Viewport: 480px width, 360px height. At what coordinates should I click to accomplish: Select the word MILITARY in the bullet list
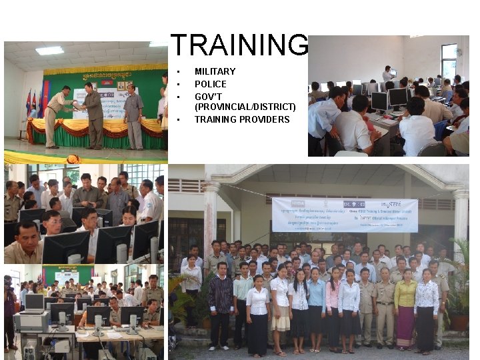[x=215, y=71]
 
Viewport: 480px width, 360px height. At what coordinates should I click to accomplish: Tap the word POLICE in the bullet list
[x=210, y=84]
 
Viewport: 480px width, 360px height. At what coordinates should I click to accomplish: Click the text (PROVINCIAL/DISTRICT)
[x=245, y=107]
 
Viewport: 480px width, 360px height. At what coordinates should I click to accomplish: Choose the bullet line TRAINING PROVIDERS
[x=242, y=119]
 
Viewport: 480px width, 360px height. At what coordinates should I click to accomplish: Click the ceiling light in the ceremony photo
[x=49, y=50]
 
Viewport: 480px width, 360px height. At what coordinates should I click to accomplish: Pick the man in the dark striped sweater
[x=221, y=300]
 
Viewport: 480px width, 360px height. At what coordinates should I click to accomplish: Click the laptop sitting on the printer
[x=34, y=304]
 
